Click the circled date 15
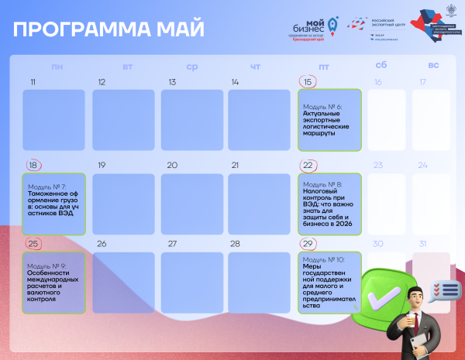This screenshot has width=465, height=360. tap(308, 82)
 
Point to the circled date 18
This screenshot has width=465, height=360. tap(33, 165)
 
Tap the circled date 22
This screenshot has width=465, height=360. tap(308, 165)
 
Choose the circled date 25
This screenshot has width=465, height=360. tap(33, 244)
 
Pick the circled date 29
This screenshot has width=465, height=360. tap(308, 244)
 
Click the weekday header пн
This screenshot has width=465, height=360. tap(57, 67)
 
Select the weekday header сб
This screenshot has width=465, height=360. tap(381, 67)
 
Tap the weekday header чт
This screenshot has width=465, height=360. tap(255, 67)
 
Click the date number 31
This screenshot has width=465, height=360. tap(422, 244)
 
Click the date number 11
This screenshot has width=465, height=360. tap(33, 82)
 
